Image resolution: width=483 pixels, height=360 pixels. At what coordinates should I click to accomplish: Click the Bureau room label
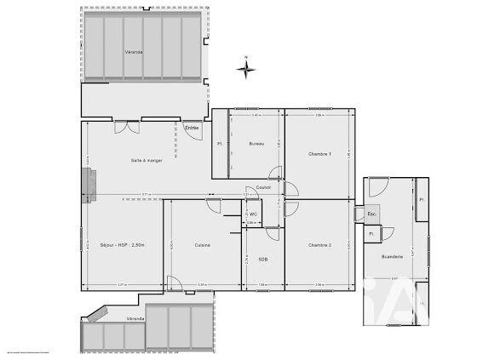coord(256,144)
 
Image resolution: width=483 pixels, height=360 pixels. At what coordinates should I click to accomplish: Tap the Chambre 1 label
coord(319,153)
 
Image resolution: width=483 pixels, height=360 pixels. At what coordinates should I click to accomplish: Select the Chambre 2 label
coord(319,245)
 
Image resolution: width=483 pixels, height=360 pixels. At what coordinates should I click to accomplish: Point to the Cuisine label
coord(202,245)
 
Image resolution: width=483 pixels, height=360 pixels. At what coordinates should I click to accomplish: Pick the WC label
coord(254,214)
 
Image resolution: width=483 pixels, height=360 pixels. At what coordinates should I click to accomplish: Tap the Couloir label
coord(263,188)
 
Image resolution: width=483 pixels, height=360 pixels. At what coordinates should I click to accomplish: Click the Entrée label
coord(192,128)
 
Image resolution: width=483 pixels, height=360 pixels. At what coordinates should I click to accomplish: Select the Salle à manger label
coord(147,160)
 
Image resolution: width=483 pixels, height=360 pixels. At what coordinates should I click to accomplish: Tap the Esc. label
coord(372,213)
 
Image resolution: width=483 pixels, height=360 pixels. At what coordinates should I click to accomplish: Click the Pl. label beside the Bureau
coord(220,144)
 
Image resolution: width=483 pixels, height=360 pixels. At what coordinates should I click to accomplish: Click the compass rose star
coord(245,70)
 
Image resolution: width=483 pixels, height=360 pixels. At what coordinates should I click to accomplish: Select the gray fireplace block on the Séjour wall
coord(87,185)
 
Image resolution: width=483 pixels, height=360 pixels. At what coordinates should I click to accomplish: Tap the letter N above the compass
coord(245,57)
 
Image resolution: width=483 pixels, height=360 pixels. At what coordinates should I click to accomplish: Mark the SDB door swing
coord(272,232)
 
